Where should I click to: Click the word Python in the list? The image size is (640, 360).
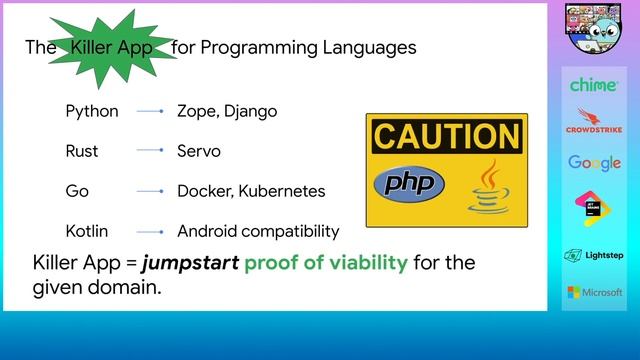[92, 111]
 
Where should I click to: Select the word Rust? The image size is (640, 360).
[82, 151]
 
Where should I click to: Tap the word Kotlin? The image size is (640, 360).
[88, 231]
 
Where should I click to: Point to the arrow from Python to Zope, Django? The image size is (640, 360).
[149, 111]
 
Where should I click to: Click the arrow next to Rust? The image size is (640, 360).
[149, 151]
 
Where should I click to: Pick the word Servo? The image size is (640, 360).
[198, 151]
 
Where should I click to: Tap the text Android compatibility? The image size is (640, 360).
[258, 231]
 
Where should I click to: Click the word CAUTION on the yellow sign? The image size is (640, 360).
[446, 136]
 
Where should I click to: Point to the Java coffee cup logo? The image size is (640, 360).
[489, 187]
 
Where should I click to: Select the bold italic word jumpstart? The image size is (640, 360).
[190, 264]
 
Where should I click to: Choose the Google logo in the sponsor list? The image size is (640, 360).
[594, 162]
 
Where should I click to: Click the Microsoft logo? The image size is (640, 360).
[594, 292]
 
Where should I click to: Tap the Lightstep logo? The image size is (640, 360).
[594, 255]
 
